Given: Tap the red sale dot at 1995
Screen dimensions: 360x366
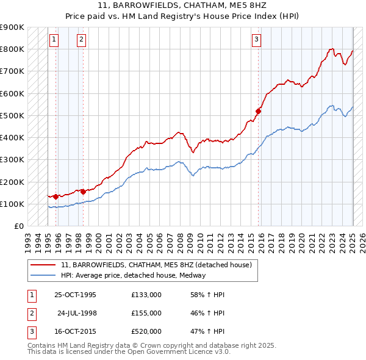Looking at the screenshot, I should click(x=56, y=196).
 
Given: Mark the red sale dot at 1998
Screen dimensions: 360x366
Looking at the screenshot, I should click(x=84, y=192).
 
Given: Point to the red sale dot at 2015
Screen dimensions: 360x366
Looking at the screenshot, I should click(x=259, y=111).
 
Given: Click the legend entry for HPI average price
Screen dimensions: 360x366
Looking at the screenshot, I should click(x=133, y=275).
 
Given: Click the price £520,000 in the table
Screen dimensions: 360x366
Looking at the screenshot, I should click(x=146, y=331).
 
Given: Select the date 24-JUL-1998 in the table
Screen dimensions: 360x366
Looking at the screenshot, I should click(x=77, y=313).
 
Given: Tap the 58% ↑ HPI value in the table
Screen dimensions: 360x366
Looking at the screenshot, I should click(x=208, y=295).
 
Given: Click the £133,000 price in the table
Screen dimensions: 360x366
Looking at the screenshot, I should click(x=146, y=295).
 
